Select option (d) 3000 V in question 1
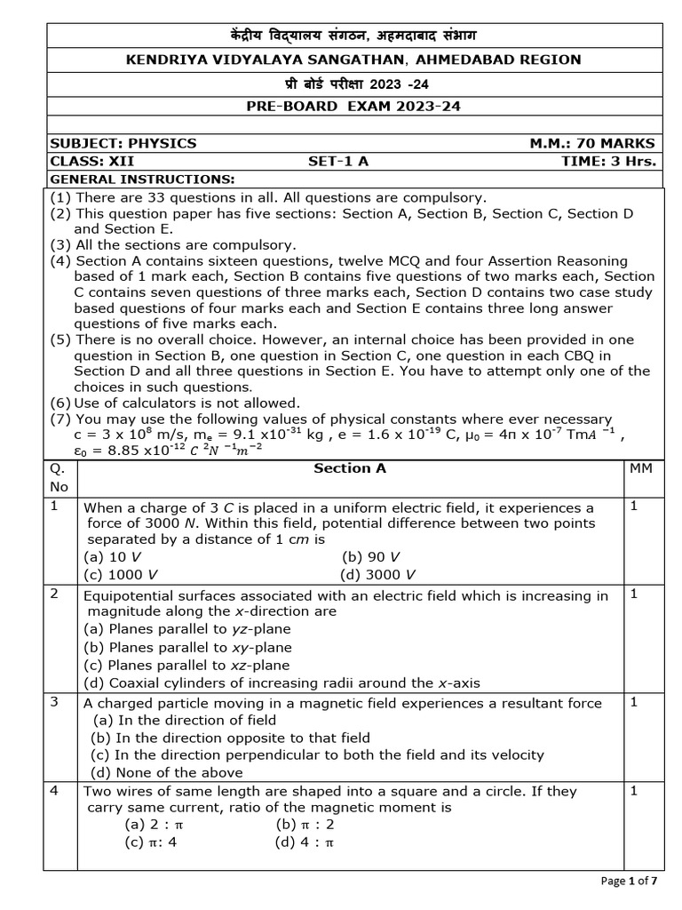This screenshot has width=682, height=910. pyautogui.click(x=378, y=574)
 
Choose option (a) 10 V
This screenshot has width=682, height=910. pyautogui.click(x=113, y=556)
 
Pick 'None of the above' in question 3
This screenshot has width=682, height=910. pyautogui.click(x=167, y=772)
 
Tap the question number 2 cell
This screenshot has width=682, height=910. pyautogui.click(x=55, y=595)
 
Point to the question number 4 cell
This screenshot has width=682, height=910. pyautogui.click(x=55, y=791)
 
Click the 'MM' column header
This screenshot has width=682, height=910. pyautogui.click(x=640, y=467)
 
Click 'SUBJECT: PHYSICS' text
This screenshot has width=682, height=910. pyautogui.click(x=123, y=143)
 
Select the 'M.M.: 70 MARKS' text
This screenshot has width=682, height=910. pyautogui.click(x=592, y=143)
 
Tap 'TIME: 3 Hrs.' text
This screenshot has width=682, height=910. pyautogui.click(x=608, y=161)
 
